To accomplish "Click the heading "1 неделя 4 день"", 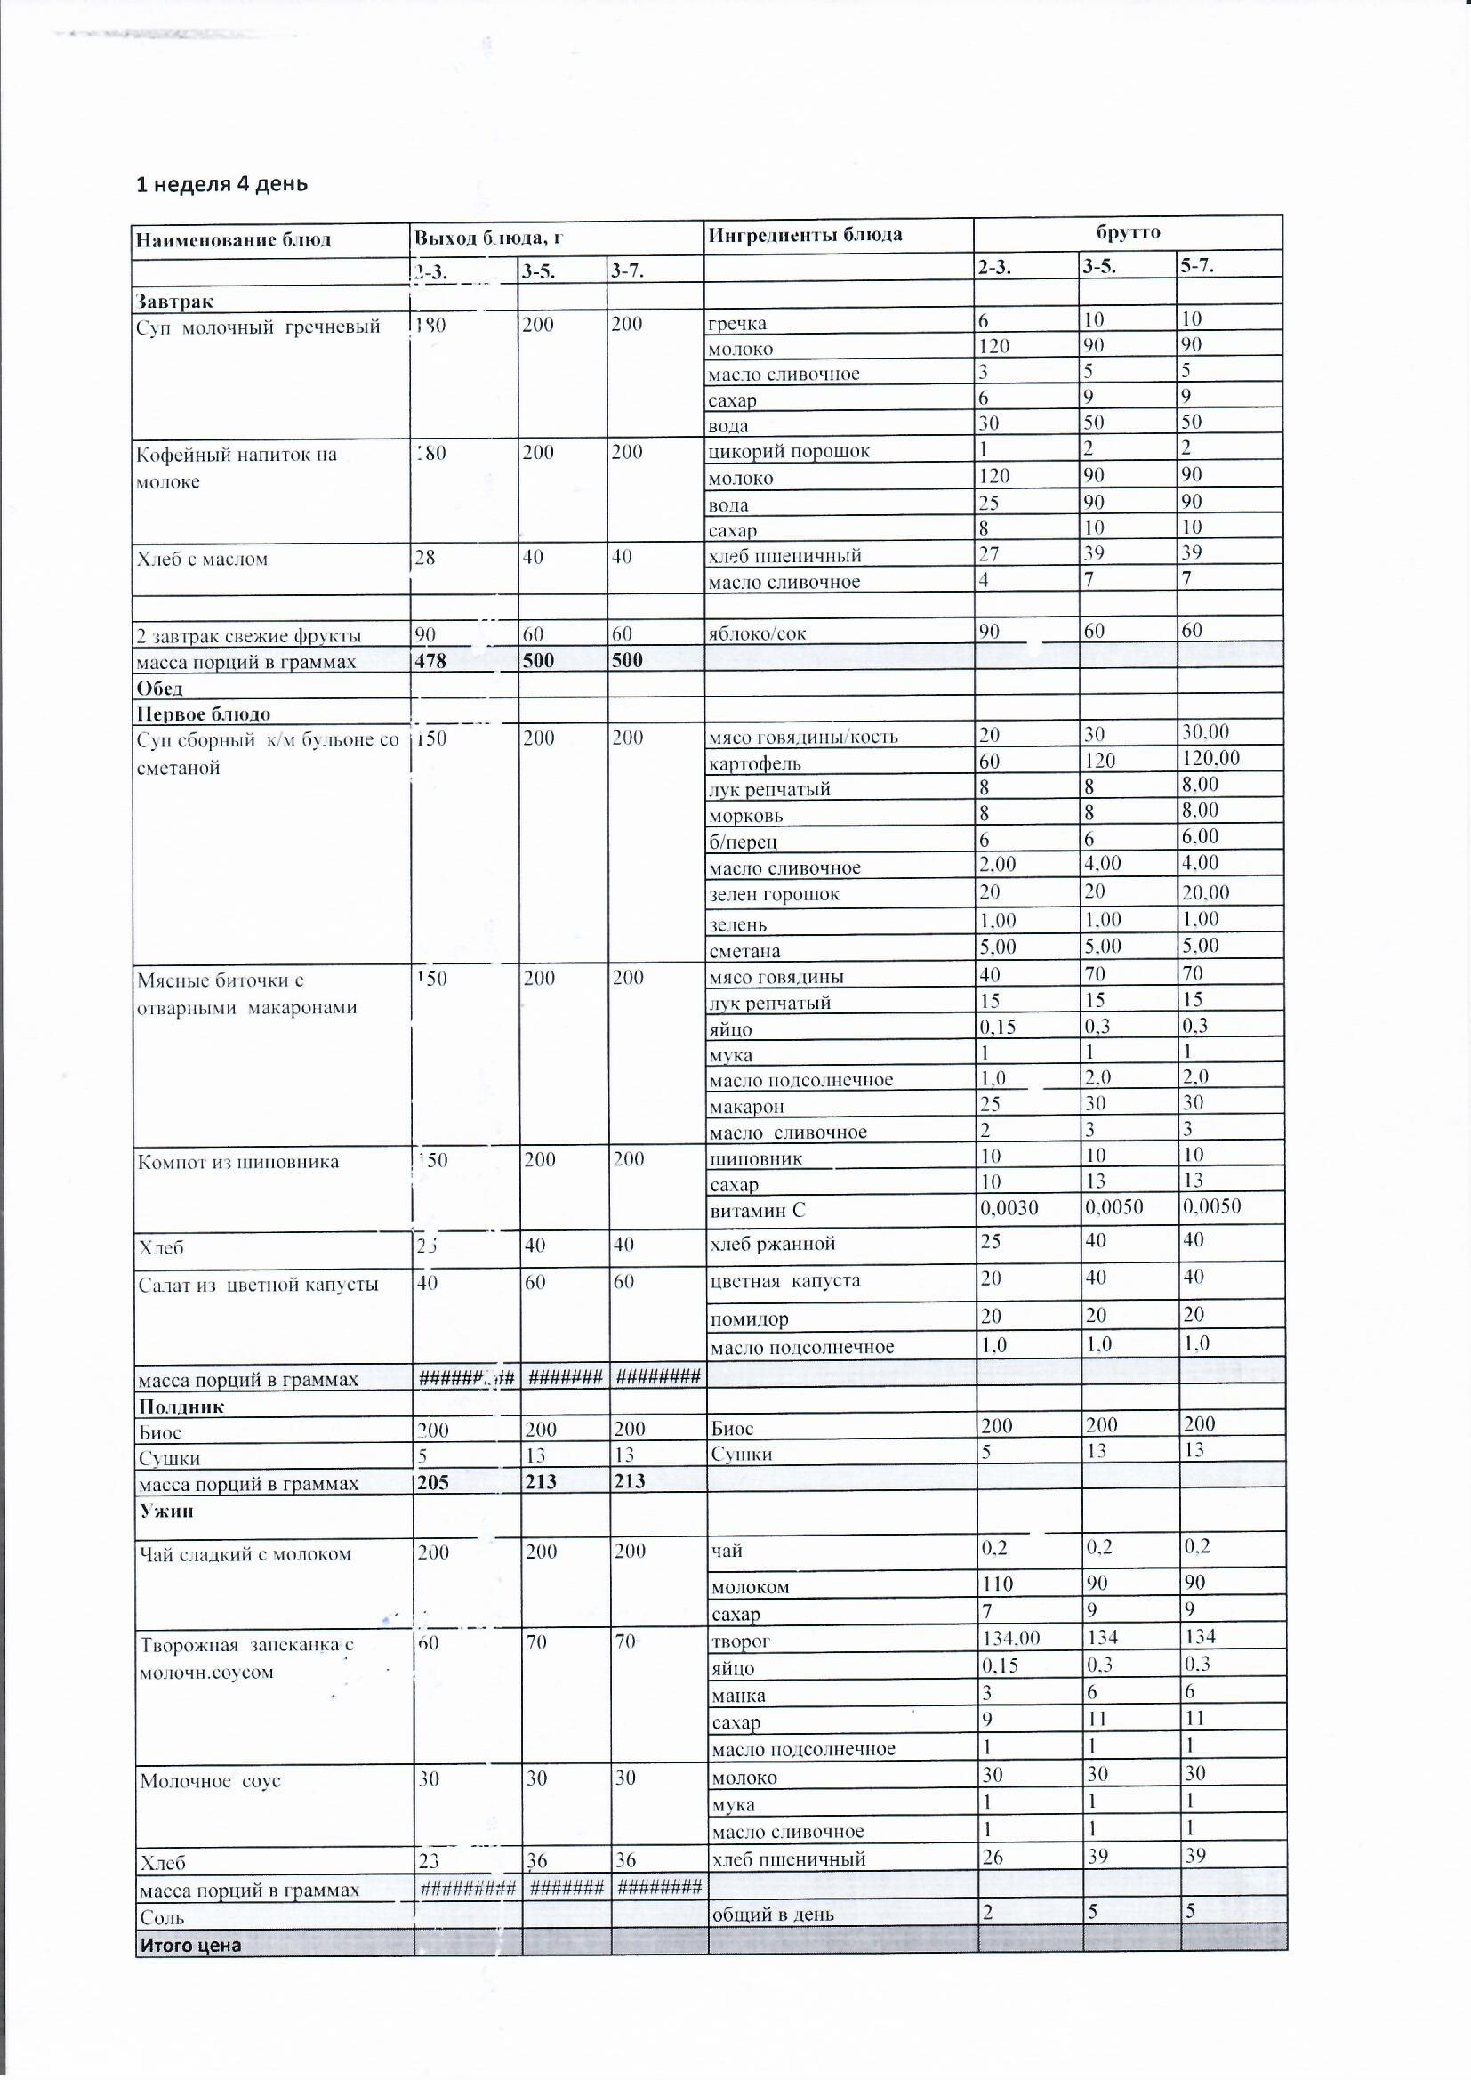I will point(222,184).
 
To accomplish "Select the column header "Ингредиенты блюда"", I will point(804,235).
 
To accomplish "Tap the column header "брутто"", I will point(1128,232).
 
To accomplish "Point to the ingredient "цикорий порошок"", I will point(789,450).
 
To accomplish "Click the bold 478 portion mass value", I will point(431,660).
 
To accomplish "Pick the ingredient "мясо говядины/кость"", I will point(802,737).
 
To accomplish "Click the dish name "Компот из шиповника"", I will point(238,1162).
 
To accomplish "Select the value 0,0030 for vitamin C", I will point(1009,1207).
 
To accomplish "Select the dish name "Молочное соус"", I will point(210,1780).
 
